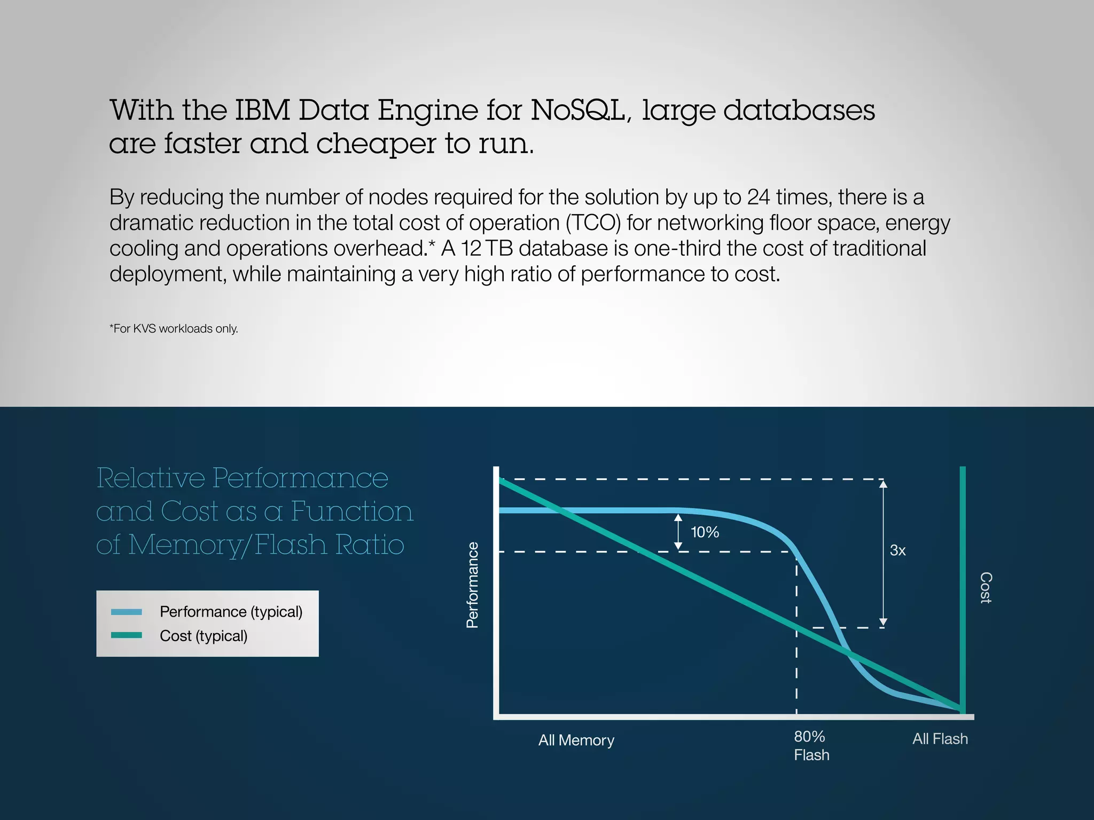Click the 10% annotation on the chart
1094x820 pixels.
pyautogui.click(x=705, y=532)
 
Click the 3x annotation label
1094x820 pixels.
pyautogui.click(x=897, y=550)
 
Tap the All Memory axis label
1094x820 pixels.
pyautogui.click(x=576, y=740)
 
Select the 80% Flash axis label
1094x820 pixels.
pyautogui.click(x=811, y=746)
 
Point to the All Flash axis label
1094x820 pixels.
pyautogui.click(x=940, y=739)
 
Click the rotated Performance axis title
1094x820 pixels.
pyautogui.click(x=472, y=585)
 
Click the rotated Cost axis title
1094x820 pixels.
pyautogui.click(x=986, y=588)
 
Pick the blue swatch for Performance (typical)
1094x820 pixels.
pyautogui.click(x=127, y=612)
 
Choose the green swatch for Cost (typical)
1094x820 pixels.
pyautogui.click(x=127, y=635)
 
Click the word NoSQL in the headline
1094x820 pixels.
pyautogui.click(x=580, y=110)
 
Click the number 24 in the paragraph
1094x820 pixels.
pyautogui.click(x=759, y=198)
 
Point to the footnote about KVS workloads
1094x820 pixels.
pyautogui.click(x=174, y=329)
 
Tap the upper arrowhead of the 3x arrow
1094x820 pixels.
pyautogui.click(x=883, y=484)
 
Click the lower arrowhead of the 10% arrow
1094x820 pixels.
pyautogui.click(x=678, y=546)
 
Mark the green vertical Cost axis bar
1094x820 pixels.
pyautogui.click(x=963, y=587)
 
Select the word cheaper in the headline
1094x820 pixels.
pyautogui.click(x=376, y=144)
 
